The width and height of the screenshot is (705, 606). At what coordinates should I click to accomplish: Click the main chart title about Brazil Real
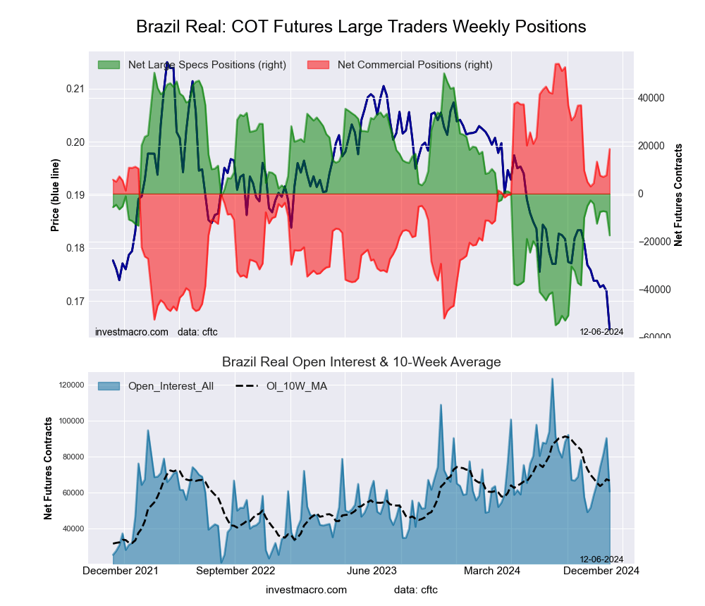click(x=361, y=27)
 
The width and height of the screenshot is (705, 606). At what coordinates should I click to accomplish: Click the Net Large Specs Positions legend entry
click(x=206, y=65)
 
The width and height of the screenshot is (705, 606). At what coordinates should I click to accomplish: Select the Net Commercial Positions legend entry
click(x=415, y=65)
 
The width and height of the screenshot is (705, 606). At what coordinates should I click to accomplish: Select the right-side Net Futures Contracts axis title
click(x=678, y=194)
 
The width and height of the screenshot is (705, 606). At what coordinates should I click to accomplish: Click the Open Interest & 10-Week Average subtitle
click(x=361, y=362)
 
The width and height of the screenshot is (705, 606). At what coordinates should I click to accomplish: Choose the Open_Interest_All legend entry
click(x=171, y=385)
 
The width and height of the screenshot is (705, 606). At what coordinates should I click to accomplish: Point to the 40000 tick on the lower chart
click(x=70, y=528)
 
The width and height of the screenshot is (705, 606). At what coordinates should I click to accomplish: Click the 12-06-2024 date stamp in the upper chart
click(x=601, y=331)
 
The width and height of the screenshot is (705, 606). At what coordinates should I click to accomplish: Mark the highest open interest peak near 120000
click(x=552, y=379)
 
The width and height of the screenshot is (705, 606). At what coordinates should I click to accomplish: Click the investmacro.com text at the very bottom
click(x=307, y=589)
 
